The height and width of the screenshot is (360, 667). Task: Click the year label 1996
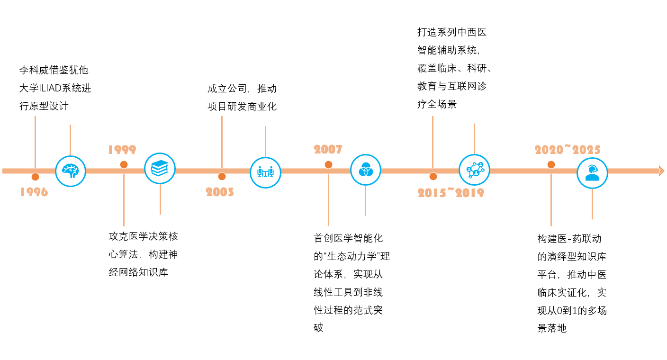click(34, 192)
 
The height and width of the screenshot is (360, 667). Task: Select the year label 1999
click(122, 150)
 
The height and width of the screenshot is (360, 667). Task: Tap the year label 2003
click(220, 192)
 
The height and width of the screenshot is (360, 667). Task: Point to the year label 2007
click(328, 150)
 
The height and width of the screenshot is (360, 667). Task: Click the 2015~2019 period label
click(451, 192)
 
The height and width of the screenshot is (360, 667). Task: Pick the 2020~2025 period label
click(568, 150)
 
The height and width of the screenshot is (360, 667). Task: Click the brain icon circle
click(71, 171)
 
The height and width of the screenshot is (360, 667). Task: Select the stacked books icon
click(160, 168)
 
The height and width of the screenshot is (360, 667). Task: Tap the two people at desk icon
click(265, 172)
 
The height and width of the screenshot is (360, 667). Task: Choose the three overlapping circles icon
click(365, 170)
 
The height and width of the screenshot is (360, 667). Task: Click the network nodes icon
click(474, 170)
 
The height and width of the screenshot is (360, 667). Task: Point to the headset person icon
click(592, 173)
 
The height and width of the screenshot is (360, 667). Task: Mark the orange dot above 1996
click(35, 177)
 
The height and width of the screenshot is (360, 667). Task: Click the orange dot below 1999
click(124, 164)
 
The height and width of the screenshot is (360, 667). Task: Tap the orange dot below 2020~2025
click(551, 164)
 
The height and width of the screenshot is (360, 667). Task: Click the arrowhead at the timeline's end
click(661, 171)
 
